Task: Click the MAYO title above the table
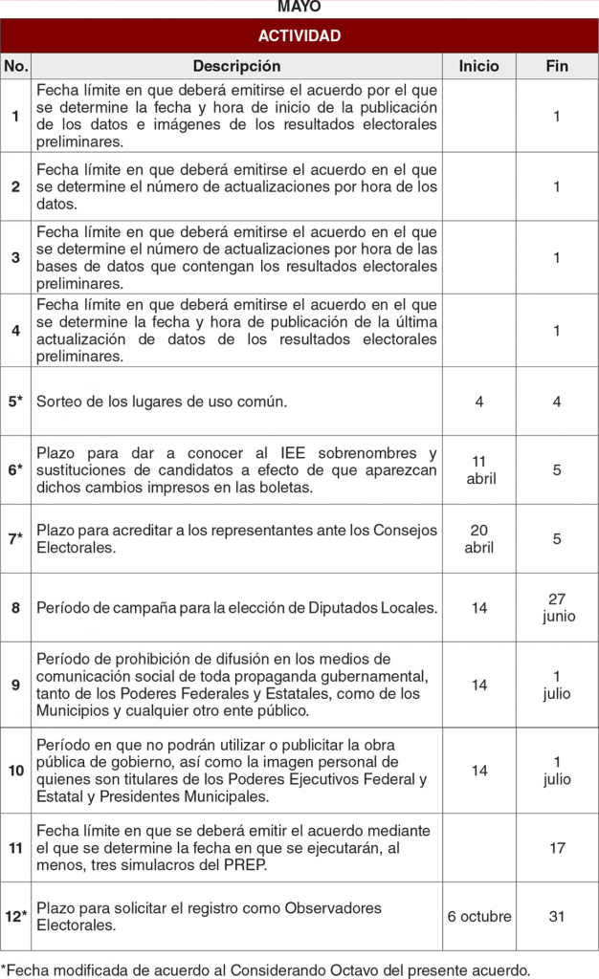299,7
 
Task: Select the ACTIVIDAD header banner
299,36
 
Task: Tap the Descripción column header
237,66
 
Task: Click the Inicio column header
478,66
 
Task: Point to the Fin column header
557,66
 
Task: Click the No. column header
16,66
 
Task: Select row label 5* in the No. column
16,402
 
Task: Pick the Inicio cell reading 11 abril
480,470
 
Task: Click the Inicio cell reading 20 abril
478,539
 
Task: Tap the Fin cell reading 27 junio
558,607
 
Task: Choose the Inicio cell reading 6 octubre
479,916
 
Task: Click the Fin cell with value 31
557,916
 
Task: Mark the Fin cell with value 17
558,848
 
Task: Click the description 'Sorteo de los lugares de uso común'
162,402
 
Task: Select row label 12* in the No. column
16,916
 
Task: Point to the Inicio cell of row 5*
478,402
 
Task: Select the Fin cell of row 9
558,685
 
